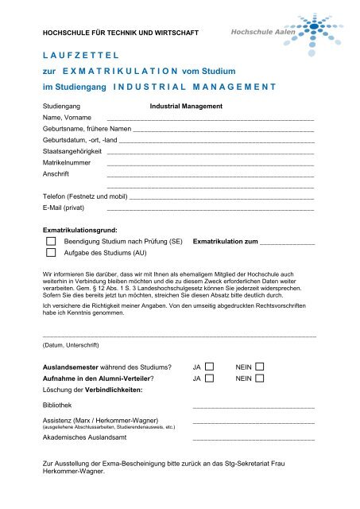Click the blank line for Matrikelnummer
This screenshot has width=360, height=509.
click(210, 162)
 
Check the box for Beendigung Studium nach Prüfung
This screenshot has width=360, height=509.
click(52, 239)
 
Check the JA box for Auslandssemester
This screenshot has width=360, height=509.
click(210, 367)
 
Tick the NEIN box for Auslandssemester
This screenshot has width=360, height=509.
click(259, 367)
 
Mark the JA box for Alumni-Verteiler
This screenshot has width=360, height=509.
click(210, 379)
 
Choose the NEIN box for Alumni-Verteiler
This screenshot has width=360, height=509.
click(259, 379)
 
